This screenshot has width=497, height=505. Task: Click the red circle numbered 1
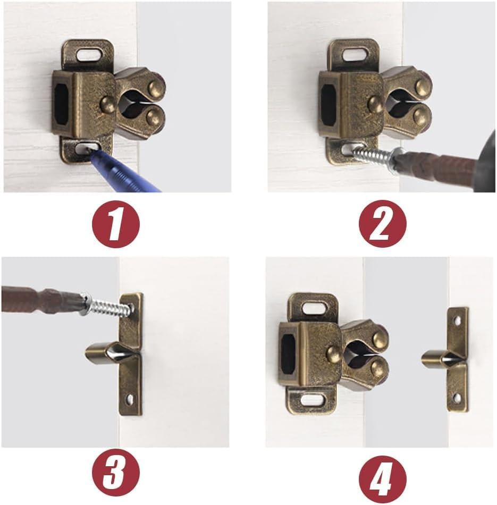(x=116, y=224)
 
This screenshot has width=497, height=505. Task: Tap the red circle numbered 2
(x=383, y=224)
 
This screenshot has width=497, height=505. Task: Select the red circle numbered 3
(x=116, y=473)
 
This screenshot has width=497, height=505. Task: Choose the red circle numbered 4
(x=383, y=479)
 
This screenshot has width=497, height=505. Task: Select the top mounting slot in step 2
(x=355, y=54)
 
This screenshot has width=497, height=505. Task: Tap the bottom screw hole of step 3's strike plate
(x=130, y=400)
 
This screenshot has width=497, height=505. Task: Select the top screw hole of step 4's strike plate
(x=457, y=320)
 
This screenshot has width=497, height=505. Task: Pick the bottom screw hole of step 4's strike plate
(x=457, y=398)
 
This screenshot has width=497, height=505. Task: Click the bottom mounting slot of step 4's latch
(x=312, y=400)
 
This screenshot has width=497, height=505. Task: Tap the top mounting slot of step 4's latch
(x=314, y=308)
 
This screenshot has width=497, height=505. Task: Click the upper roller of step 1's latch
(x=157, y=87)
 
